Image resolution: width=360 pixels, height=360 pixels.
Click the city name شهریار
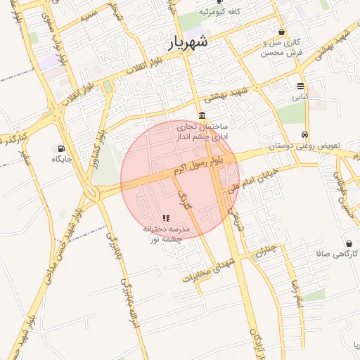(x=188, y=42)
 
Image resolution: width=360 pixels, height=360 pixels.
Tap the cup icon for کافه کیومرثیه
(x=219, y=2)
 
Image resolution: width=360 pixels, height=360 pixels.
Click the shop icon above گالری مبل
(x=282, y=32)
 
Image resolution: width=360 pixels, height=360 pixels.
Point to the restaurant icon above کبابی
(x=301, y=86)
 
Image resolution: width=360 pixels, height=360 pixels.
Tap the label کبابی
(x=301, y=98)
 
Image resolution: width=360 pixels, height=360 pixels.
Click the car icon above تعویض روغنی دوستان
(x=304, y=135)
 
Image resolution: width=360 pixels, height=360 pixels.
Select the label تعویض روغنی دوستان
(x=304, y=147)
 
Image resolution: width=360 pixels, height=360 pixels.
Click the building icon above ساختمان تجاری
(x=202, y=115)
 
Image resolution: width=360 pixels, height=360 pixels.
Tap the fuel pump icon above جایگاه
(x=61, y=148)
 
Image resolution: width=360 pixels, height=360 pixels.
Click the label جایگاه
(x=61, y=160)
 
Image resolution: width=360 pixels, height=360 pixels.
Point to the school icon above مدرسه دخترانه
(x=166, y=219)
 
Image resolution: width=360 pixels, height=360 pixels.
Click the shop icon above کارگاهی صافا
(x=349, y=243)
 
